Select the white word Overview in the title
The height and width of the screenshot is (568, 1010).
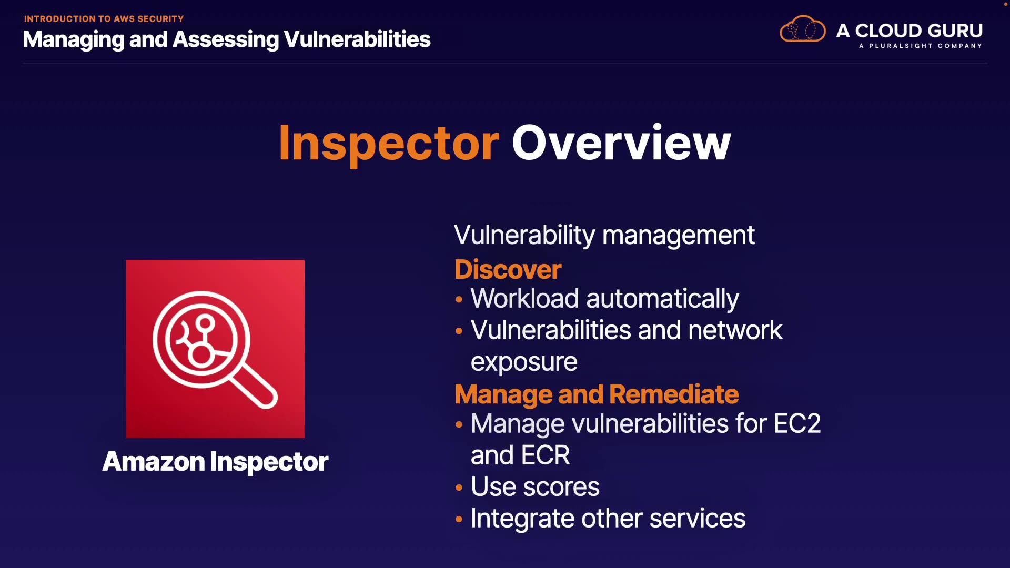[621, 143]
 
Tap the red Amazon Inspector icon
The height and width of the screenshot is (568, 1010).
[215, 349]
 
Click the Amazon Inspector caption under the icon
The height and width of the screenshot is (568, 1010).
[215, 462]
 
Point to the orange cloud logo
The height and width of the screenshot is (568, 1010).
[802, 29]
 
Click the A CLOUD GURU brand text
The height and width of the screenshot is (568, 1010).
[910, 31]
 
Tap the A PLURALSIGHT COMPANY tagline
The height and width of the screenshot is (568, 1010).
[921, 46]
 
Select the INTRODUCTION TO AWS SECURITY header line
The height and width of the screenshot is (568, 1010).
[104, 19]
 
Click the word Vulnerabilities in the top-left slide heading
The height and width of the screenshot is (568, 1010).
[357, 39]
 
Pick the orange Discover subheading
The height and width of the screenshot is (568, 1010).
[508, 269]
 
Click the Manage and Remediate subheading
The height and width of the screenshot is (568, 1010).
[597, 394]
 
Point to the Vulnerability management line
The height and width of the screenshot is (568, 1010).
[604, 235]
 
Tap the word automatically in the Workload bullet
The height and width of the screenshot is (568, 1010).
[663, 299]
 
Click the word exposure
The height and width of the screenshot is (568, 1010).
[524, 362]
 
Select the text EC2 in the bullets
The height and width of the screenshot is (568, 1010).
[797, 423]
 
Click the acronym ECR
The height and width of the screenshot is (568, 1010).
[547, 455]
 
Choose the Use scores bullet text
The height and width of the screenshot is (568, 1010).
[535, 487]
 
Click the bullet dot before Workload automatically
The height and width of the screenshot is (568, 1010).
[459, 299]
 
